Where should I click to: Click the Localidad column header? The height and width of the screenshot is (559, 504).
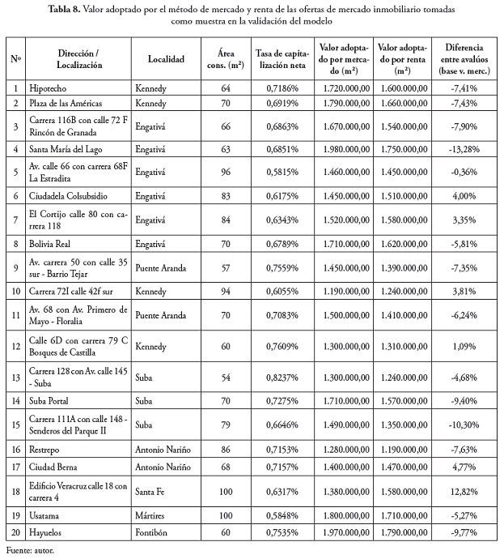click(167, 58)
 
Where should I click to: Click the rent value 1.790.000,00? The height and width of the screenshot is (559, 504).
click(403, 531)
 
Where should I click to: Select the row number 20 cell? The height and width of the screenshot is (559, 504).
click(15, 531)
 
